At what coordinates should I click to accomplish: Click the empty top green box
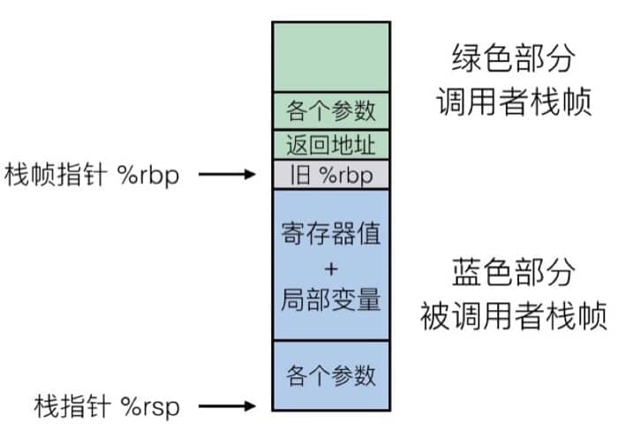pos(331,55)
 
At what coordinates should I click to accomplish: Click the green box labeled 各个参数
pos(331,110)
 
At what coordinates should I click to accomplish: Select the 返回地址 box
pos(331,144)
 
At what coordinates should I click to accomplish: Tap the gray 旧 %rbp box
pos(331,175)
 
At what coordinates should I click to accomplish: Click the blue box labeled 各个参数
pos(331,374)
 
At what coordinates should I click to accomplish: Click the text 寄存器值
pos(331,237)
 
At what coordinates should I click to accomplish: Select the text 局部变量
pos(331,299)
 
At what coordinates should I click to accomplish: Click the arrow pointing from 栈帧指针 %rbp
pos(227,175)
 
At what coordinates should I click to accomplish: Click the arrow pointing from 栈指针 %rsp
pos(227,406)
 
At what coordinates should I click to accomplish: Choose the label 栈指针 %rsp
pos(107,406)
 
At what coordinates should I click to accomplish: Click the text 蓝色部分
pos(507,272)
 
